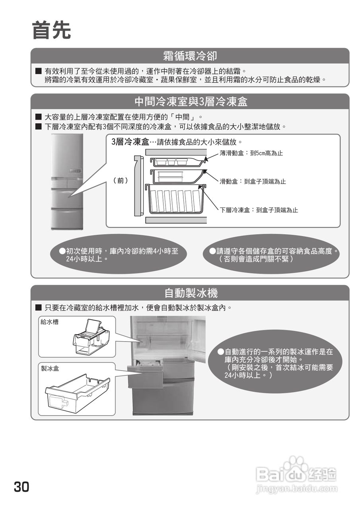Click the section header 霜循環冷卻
[x=190, y=55]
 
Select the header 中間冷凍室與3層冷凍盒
[x=191, y=101]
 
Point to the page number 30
[x=21, y=487]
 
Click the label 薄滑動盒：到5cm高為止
[x=251, y=153]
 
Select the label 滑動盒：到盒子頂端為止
[x=253, y=181]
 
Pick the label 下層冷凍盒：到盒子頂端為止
[x=259, y=210]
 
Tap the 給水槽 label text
[x=50, y=322]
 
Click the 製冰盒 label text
[x=50, y=369]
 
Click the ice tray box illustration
[x=78, y=392]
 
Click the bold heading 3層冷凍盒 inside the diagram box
[x=130, y=142]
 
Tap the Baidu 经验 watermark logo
[x=297, y=474]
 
